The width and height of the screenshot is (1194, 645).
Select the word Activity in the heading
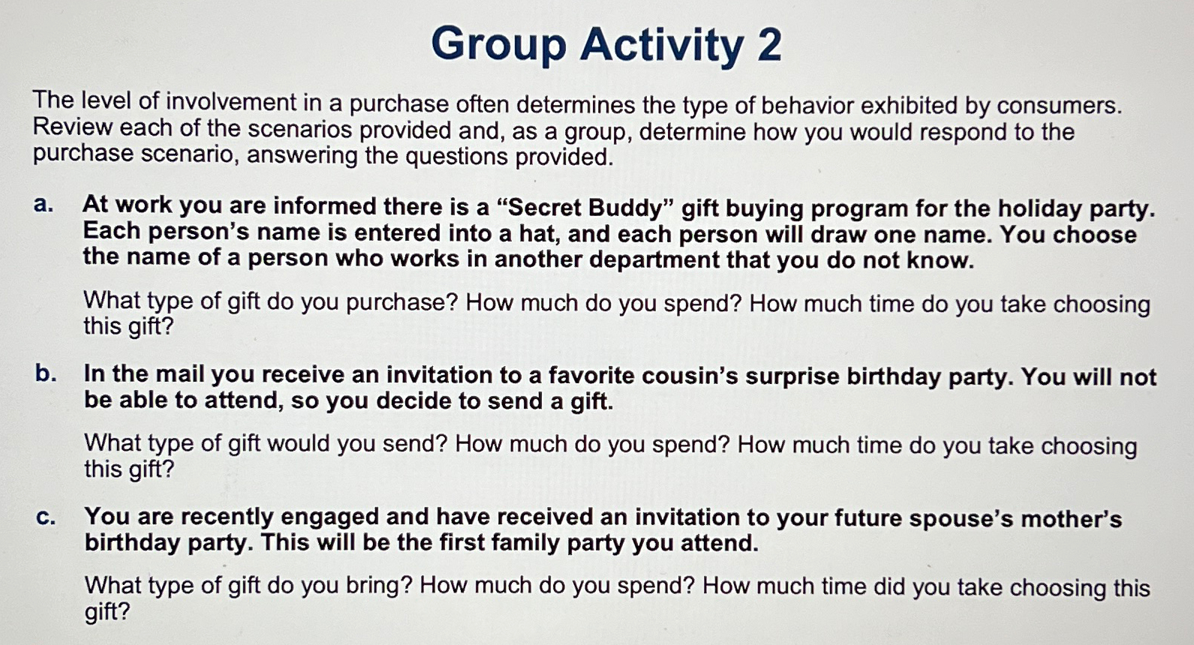click(x=661, y=46)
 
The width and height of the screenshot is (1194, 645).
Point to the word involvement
click(x=231, y=102)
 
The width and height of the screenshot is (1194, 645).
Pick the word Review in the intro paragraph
click(x=73, y=127)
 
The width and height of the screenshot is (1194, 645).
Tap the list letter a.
click(x=44, y=205)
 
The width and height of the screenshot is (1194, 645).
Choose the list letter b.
click(x=46, y=373)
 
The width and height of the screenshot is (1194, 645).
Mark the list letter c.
click(x=46, y=517)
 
